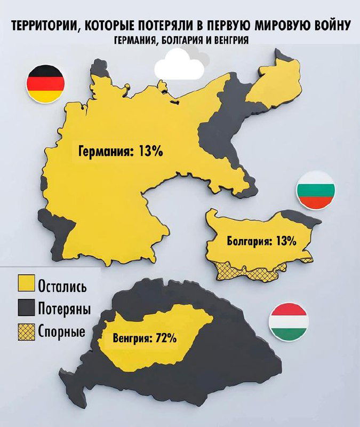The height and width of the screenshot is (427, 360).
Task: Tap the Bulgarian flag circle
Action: pos(316,189)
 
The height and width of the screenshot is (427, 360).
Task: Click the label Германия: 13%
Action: pos(121,151)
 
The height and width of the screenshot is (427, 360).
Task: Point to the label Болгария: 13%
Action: pos(261,241)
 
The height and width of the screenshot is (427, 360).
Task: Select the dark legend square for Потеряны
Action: pos(26,308)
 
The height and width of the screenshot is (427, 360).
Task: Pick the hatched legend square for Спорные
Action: pos(26,331)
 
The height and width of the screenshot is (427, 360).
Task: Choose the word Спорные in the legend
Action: pos(61,331)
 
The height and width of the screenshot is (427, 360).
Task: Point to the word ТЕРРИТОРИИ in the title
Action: pos(43,25)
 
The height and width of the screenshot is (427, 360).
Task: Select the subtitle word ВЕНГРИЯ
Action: pos(230,40)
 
